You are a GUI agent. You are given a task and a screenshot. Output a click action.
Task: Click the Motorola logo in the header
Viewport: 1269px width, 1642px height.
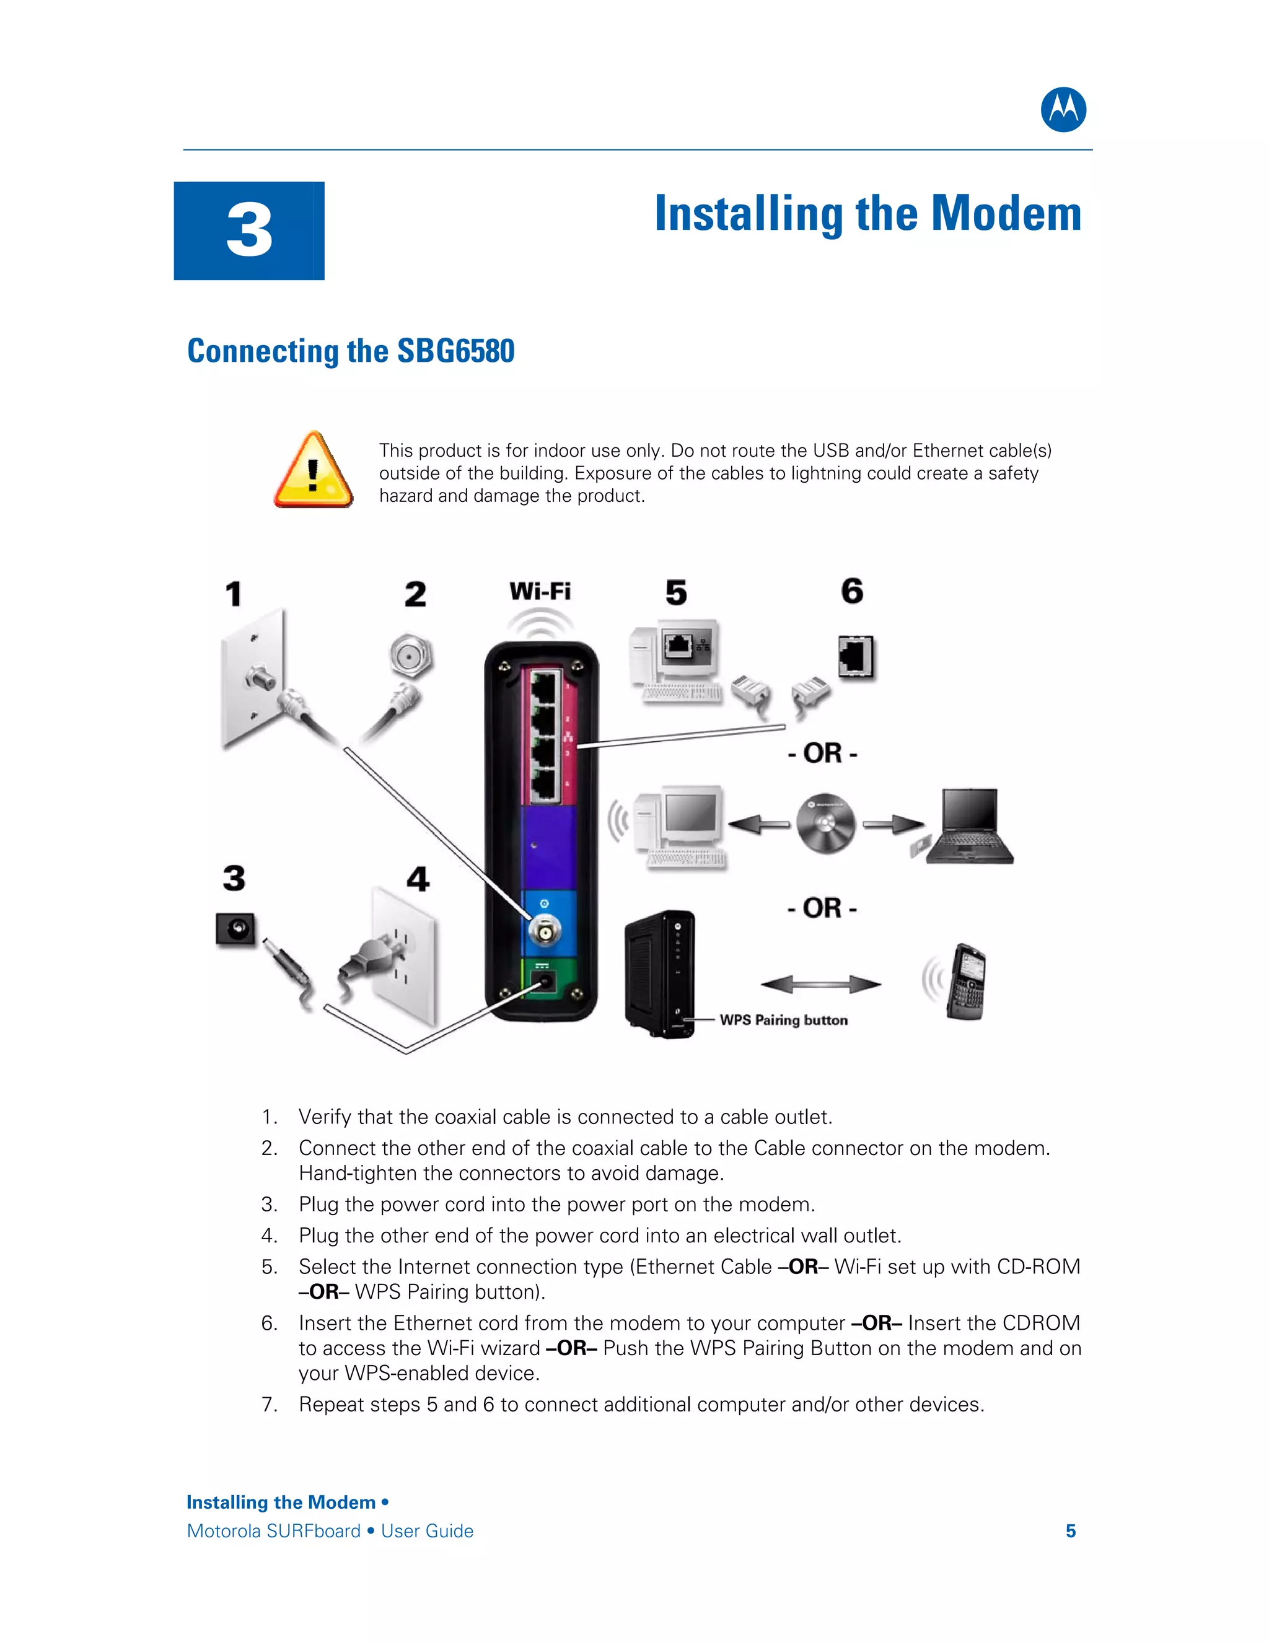point(1063,110)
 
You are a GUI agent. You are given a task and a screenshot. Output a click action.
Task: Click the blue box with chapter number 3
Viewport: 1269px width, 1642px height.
point(249,231)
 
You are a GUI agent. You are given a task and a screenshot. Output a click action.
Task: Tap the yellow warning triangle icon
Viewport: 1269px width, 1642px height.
point(313,472)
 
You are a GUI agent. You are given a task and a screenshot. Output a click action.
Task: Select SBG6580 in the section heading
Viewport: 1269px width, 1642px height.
point(455,351)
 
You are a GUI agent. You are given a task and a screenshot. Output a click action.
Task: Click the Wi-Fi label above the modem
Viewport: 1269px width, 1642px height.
point(540,592)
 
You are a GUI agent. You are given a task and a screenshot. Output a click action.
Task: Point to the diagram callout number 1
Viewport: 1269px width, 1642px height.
point(234,594)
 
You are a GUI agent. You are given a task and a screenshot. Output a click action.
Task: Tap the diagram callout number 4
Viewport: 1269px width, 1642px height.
point(418,879)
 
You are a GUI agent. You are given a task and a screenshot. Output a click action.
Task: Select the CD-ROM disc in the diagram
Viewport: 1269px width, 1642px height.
point(825,824)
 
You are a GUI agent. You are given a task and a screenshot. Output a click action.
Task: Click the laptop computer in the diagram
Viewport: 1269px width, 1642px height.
point(970,827)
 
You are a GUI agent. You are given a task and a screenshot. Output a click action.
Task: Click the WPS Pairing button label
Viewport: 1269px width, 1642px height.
point(783,1021)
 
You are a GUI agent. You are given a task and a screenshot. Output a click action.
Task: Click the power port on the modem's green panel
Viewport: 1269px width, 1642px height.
point(543,981)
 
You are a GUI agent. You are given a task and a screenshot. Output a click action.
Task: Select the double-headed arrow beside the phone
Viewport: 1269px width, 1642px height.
point(821,983)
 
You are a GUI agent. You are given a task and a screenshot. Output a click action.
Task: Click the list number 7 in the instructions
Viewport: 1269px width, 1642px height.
point(268,1405)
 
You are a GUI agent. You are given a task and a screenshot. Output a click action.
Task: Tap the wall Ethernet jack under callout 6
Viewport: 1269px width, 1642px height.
point(856,656)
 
